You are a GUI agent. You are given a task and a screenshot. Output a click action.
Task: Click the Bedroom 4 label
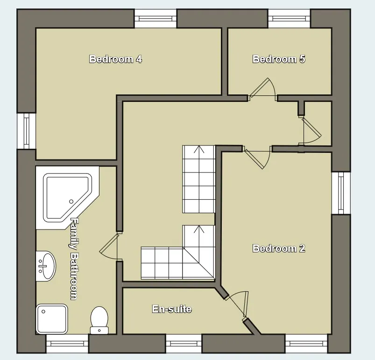(x=115, y=59)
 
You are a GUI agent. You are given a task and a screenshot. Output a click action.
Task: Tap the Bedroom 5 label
(x=279, y=59)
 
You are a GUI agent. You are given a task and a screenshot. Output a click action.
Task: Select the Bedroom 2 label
(x=279, y=248)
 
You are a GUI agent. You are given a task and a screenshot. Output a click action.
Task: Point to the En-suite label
(x=172, y=309)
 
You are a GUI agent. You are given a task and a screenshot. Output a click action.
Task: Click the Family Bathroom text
(x=74, y=259)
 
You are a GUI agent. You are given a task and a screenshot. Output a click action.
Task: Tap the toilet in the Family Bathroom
(x=99, y=320)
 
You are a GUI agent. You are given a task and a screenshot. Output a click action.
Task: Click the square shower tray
(x=52, y=319)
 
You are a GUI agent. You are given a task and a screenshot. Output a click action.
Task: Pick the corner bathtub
(x=67, y=198)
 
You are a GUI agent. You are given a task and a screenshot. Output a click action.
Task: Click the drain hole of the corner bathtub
(x=71, y=202)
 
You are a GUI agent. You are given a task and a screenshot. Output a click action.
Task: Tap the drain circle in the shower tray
(x=43, y=312)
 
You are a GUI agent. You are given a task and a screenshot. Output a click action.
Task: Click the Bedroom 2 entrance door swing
(x=257, y=158)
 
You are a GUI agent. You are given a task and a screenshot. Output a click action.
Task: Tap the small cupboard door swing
(x=311, y=131)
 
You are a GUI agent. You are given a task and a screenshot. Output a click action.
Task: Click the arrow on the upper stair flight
(x=199, y=150)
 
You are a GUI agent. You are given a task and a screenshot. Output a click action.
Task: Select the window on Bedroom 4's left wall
(x=26, y=131)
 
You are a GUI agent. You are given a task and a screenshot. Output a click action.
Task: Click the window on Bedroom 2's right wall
(x=341, y=193)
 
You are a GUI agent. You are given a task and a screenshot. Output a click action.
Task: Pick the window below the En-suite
(x=184, y=344)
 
